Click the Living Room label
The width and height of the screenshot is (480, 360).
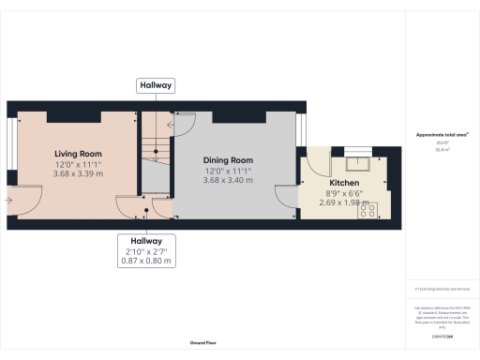(77, 154)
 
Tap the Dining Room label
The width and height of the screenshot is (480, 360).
(229, 160)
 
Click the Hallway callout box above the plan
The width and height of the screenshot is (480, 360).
(156, 85)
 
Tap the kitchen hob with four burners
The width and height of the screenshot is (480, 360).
(367, 212)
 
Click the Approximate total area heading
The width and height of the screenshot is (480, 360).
(442, 135)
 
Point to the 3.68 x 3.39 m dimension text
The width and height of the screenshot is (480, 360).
(77, 173)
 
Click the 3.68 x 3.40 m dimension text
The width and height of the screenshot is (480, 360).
(229, 181)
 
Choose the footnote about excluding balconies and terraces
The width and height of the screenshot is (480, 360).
(441, 289)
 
